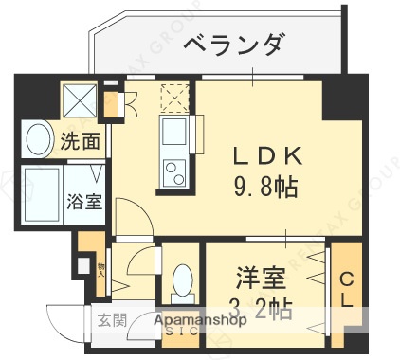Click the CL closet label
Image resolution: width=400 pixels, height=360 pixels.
click(x=347, y=290)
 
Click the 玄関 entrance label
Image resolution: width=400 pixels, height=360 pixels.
click(x=106, y=319)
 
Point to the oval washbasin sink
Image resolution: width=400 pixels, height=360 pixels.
click(x=39, y=141)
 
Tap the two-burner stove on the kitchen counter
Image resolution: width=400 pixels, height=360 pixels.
click(x=176, y=172)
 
